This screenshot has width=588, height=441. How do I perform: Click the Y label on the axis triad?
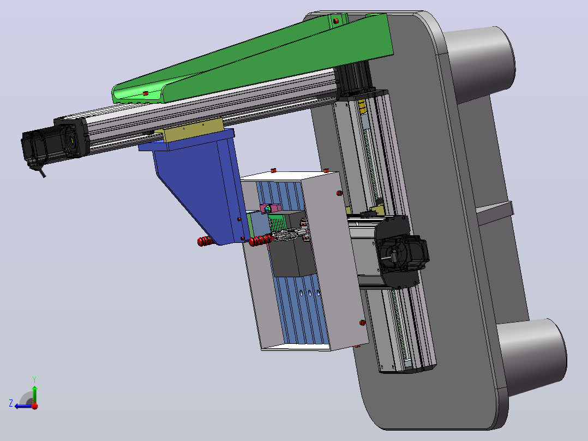click(34, 379)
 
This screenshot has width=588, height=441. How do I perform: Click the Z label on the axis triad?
click(11, 403)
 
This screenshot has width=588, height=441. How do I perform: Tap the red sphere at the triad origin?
click(35, 406)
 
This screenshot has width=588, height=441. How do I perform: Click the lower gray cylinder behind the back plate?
click(532, 356)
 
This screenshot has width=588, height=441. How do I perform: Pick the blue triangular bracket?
click(195, 184)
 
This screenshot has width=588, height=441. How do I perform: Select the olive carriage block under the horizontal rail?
click(189, 129)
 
